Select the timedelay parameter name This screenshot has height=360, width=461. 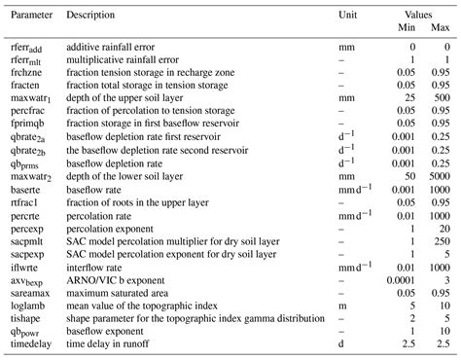click(x=31, y=343)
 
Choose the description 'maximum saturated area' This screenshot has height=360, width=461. click(x=120, y=288)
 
